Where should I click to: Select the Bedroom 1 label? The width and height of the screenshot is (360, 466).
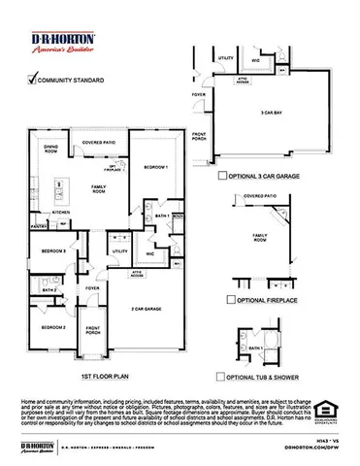[154, 167]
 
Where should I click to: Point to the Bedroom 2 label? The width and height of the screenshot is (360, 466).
[54, 327]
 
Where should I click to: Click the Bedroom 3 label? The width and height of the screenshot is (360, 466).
[54, 251]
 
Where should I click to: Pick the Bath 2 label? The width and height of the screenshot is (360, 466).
[49, 289]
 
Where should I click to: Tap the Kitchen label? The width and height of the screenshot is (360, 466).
[61, 211]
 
